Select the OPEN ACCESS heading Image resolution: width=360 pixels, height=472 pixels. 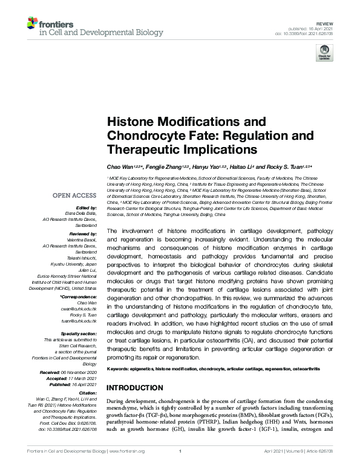(74, 195)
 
